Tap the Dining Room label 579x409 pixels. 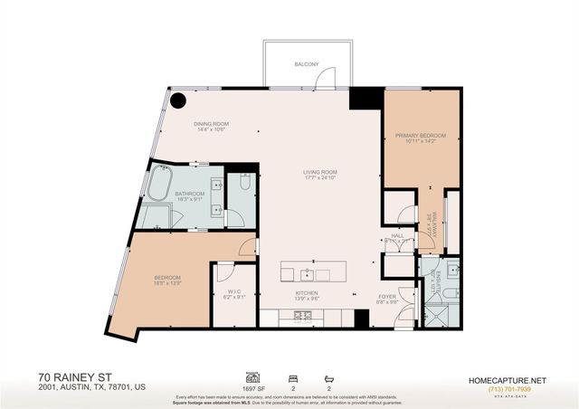(x=210, y=125)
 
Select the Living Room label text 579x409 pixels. (x=319, y=175)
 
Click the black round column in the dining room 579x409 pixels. (x=179, y=100)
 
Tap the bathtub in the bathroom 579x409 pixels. (x=162, y=185)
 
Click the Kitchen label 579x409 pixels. (x=307, y=294)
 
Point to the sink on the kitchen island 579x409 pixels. (x=308, y=271)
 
